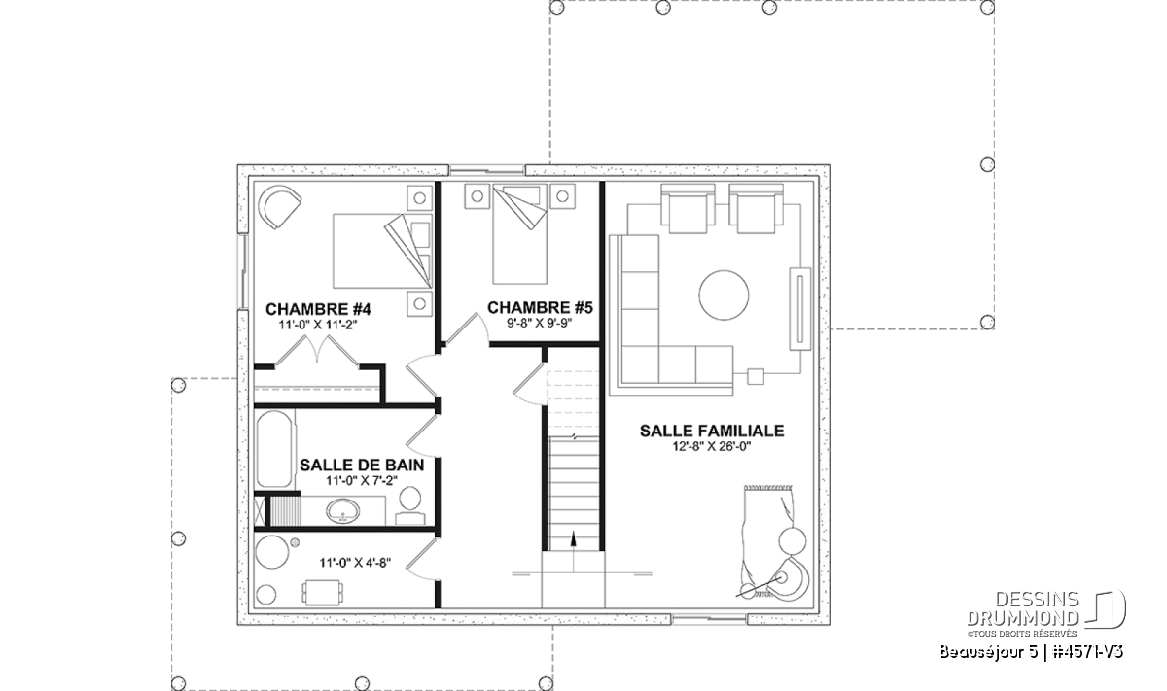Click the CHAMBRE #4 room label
[318, 309]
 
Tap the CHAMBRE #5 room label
[541, 308]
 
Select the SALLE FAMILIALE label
[712, 431]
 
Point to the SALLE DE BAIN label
[362, 465]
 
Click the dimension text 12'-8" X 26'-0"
[712, 446]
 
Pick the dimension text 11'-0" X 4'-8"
[355, 563]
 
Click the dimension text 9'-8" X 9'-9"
[540, 323]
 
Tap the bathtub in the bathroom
[274, 449]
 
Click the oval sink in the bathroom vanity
[342, 511]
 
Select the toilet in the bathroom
[410, 505]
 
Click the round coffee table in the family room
[724, 295]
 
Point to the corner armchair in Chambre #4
[280, 207]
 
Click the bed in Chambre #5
[520, 233]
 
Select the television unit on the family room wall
[800, 309]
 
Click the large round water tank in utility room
[272, 552]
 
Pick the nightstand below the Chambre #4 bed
[419, 303]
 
